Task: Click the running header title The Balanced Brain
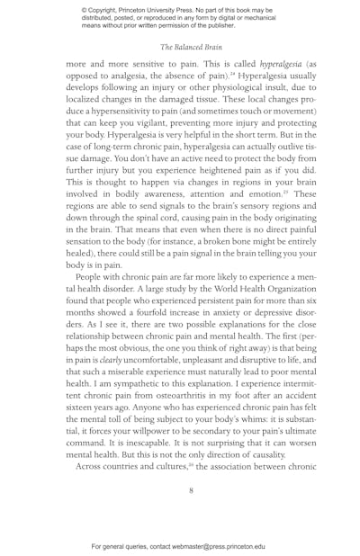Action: pos(191,46)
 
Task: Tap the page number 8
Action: pos(191,490)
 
